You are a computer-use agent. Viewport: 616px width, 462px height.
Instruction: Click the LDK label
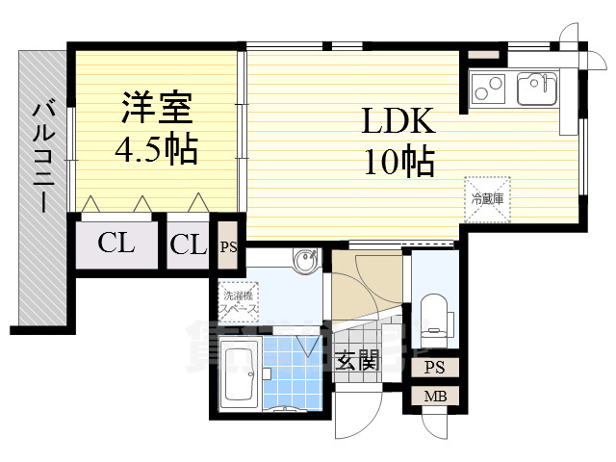point(398,121)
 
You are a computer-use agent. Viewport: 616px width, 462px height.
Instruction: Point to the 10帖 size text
point(398,161)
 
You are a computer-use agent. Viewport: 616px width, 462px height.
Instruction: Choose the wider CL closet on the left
point(116,244)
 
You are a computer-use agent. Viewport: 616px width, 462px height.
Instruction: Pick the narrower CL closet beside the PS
point(189,244)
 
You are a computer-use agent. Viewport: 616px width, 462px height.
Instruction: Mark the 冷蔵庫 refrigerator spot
point(487,198)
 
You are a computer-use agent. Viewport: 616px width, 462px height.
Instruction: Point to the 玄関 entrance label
point(358,361)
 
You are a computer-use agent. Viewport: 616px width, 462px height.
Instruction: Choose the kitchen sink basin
point(534,90)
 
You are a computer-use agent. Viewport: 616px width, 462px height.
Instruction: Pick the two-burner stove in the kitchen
point(489,90)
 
